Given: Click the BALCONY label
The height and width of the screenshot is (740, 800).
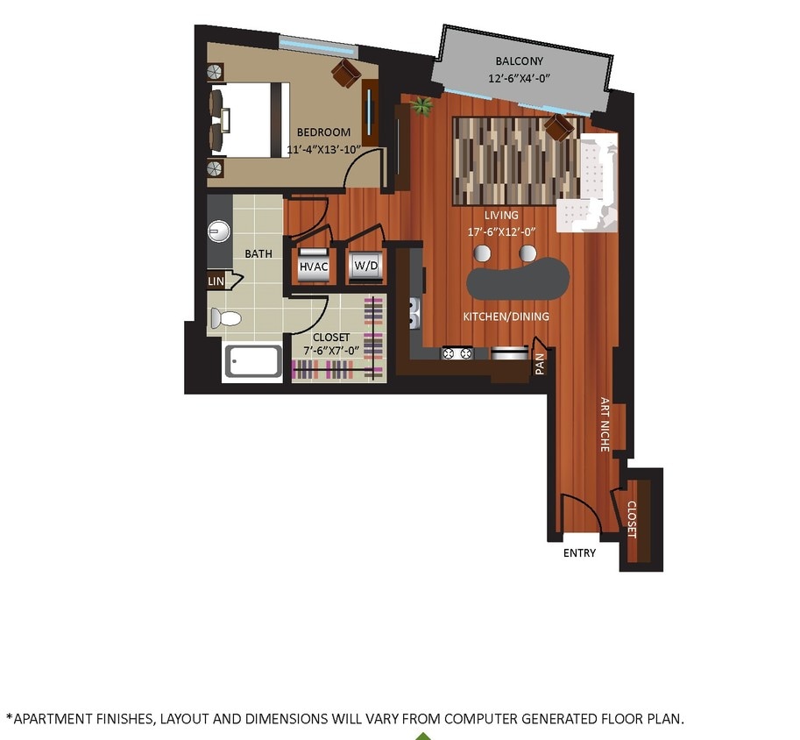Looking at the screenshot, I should click(x=519, y=61).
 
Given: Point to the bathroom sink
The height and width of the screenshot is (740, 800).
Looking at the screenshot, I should click(x=218, y=232).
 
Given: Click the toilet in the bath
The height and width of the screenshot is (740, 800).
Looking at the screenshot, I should click(x=225, y=318).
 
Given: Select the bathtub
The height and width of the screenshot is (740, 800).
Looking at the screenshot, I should click(x=253, y=361).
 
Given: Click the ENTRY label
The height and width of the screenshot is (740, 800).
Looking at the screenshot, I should click(x=579, y=553).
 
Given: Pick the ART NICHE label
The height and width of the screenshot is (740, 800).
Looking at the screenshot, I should click(x=605, y=425).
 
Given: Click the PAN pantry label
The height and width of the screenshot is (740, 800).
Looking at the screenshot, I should click(x=540, y=362).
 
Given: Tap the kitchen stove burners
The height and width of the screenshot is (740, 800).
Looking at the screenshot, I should click(x=457, y=353).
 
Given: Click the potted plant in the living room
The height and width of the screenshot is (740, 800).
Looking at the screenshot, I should click(x=423, y=106).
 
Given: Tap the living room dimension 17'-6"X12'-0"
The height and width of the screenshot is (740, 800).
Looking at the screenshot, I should click(x=502, y=231).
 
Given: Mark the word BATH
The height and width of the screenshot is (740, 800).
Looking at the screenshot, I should click(x=258, y=254).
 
